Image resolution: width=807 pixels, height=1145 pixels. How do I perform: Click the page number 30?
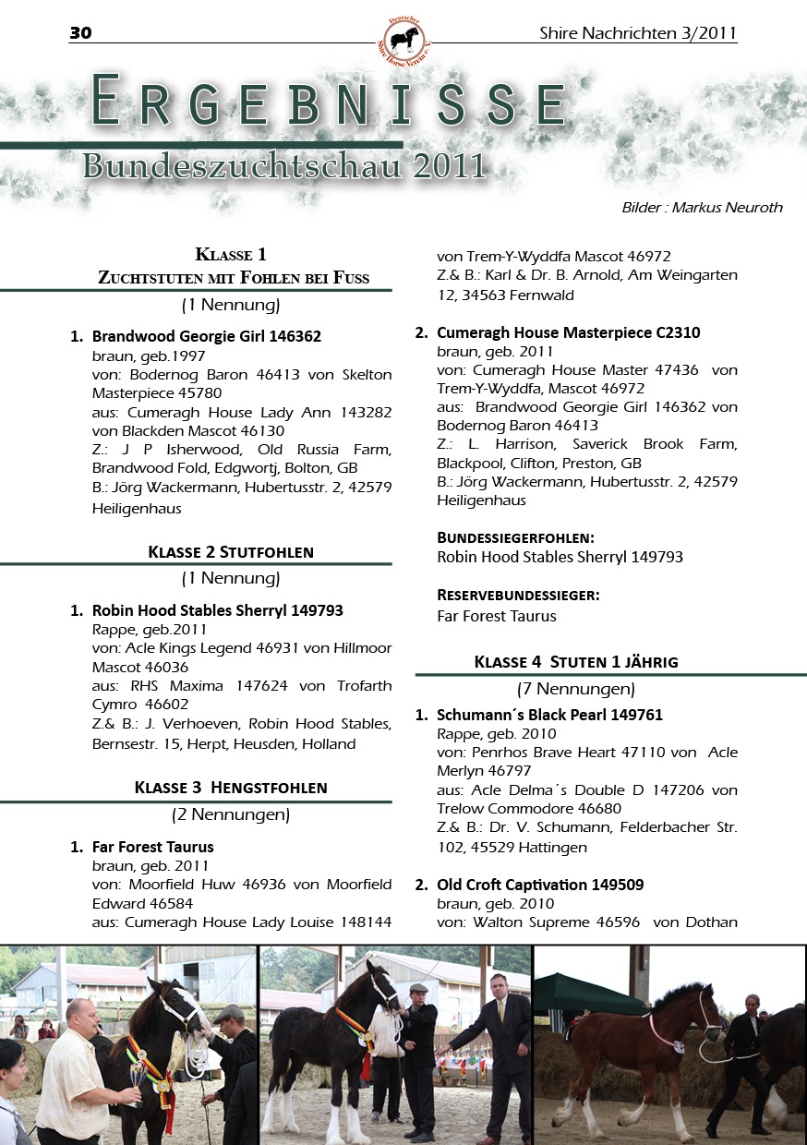click(80, 34)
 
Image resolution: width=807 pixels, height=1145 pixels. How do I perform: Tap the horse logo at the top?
click(403, 40)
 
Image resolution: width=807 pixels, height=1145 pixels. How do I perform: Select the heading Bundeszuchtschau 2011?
click(283, 166)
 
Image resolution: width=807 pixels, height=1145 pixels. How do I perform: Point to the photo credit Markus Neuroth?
click(702, 208)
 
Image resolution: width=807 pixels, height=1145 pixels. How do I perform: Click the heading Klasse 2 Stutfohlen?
click(230, 552)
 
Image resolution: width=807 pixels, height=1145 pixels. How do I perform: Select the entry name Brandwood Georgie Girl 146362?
click(206, 336)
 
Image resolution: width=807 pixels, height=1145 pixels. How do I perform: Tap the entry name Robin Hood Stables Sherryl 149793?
click(217, 610)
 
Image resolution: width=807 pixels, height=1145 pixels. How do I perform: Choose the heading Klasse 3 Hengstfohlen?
click(230, 788)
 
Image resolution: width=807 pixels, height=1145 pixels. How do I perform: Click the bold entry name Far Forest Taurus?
click(152, 847)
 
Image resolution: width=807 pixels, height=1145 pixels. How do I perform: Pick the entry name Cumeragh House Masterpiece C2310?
click(568, 332)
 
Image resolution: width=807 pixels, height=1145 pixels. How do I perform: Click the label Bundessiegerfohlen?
click(514, 537)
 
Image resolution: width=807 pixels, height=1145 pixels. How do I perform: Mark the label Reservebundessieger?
click(518, 596)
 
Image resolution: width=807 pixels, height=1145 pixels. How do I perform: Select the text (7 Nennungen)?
click(575, 689)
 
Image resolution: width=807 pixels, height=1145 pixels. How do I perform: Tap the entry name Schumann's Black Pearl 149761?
click(549, 715)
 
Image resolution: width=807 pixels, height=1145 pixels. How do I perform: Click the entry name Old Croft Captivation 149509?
click(540, 885)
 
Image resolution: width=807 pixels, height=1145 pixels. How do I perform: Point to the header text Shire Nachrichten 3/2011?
click(638, 34)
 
